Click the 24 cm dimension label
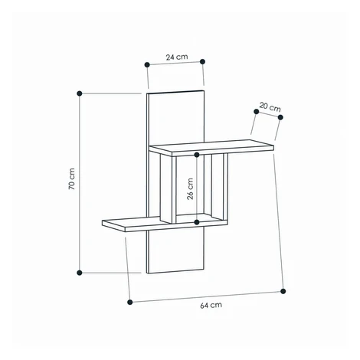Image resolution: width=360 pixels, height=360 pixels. (177, 57)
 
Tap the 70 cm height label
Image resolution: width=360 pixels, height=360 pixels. (72, 178)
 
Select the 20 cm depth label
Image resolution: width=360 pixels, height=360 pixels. (270, 107)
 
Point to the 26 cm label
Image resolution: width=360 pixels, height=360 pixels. (190, 188)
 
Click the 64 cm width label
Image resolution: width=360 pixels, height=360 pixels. (211, 305)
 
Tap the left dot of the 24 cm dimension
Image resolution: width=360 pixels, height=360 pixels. (147, 64)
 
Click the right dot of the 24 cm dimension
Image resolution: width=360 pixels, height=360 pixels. (203, 61)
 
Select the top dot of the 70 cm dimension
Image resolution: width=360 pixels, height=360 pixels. (80, 93)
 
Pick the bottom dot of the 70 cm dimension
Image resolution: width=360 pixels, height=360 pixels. (80, 273)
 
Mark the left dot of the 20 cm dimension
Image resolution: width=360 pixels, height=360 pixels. (257, 112)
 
